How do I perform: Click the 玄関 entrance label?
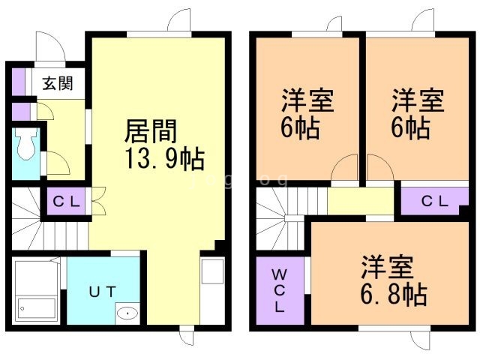pos(57,84)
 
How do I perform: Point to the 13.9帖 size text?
pos(163,159)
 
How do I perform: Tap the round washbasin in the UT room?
pos(127,313)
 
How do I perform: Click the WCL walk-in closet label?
pos(278,291)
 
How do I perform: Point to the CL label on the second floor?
pos(434,201)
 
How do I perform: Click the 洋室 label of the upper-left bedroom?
pos(307,100)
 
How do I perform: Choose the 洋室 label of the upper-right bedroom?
pos(417,100)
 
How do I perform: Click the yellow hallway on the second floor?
pos(361,200)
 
